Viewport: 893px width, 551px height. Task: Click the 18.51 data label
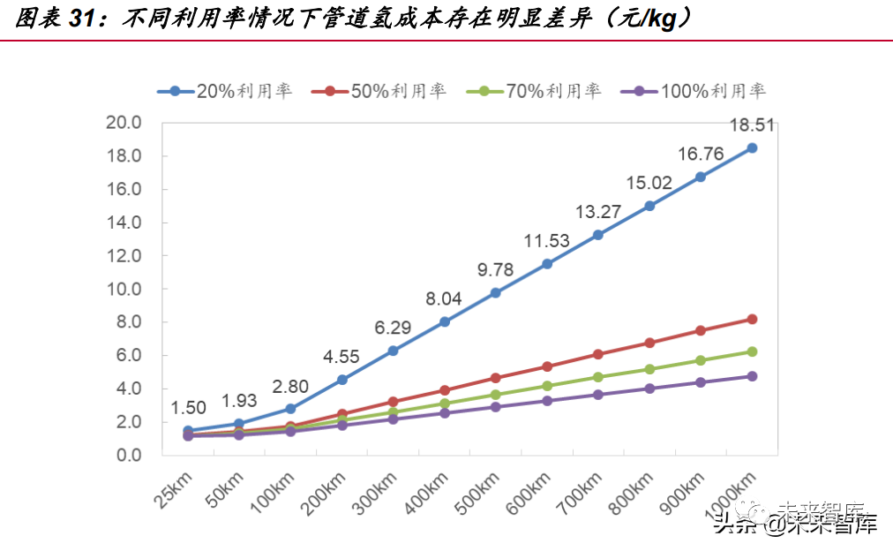[752, 125]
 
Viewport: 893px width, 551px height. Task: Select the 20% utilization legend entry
[224, 90]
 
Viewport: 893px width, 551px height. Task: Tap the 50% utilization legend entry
[379, 90]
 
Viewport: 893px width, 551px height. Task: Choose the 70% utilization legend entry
[534, 90]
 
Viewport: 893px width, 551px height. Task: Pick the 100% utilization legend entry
[694, 90]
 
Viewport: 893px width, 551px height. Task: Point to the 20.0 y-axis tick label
[123, 123]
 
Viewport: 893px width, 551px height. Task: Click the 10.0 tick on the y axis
[123, 289]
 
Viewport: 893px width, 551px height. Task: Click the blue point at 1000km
[752, 148]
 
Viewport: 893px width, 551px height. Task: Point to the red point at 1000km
[752, 319]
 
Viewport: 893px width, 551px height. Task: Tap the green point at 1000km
[752, 351]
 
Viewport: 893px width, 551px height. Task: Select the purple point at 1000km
[752, 376]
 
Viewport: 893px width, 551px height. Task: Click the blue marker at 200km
[341, 380]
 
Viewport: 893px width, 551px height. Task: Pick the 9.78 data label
[496, 270]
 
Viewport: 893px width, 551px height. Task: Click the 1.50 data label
[188, 407]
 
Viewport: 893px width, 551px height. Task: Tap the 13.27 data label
[598, 212]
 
